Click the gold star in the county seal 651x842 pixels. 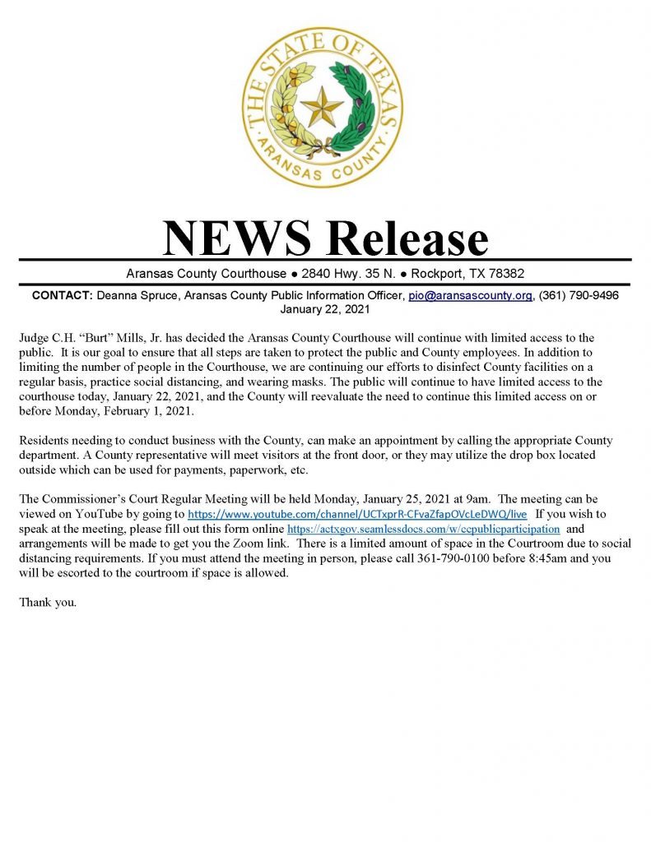pyautogui.click(x=322, y=107)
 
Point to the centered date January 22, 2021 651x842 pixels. pyautogui.click(x=324, y=310)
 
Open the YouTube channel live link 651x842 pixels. pyautogui.click(x=357, y=514)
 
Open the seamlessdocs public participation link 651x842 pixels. pyautogui.click(x=423, y=529)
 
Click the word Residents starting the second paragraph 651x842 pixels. pyautogui.click(x=44, y=441)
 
